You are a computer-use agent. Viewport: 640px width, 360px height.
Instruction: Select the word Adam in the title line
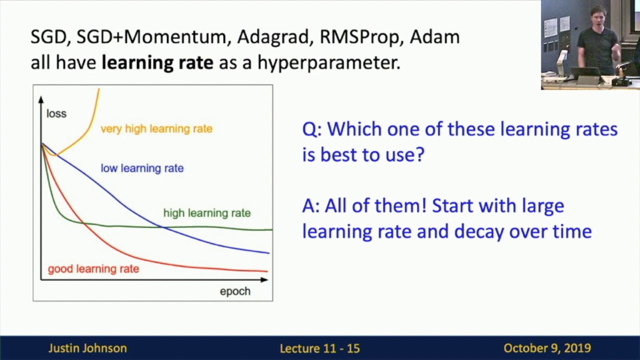point(434,37)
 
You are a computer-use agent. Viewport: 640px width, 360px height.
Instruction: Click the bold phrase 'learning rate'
point(157,62)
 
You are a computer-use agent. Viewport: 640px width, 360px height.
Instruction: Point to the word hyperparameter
point(328,63)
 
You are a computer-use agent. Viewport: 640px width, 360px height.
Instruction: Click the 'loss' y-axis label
point(56,114)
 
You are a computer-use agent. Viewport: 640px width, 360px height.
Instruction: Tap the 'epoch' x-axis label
point(235,291)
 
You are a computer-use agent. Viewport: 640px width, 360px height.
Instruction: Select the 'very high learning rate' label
point(156,129)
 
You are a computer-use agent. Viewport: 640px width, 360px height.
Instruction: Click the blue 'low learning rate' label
point(142,168)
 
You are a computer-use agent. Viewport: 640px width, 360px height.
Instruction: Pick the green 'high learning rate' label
point(206,213)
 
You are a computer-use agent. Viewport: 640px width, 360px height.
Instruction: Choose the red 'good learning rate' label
point(93,269)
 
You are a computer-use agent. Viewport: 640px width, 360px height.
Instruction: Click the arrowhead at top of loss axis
point(41,99)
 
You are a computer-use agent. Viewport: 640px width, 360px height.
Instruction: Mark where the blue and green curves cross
point(163,227)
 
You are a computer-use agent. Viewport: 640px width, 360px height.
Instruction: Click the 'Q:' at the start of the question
point(312,129)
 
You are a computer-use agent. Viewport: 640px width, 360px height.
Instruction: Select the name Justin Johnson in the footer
point(87,348)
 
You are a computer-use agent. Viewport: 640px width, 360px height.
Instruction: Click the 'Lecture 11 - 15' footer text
point(319,348)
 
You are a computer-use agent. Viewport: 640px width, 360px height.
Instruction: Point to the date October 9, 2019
point(547,348)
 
